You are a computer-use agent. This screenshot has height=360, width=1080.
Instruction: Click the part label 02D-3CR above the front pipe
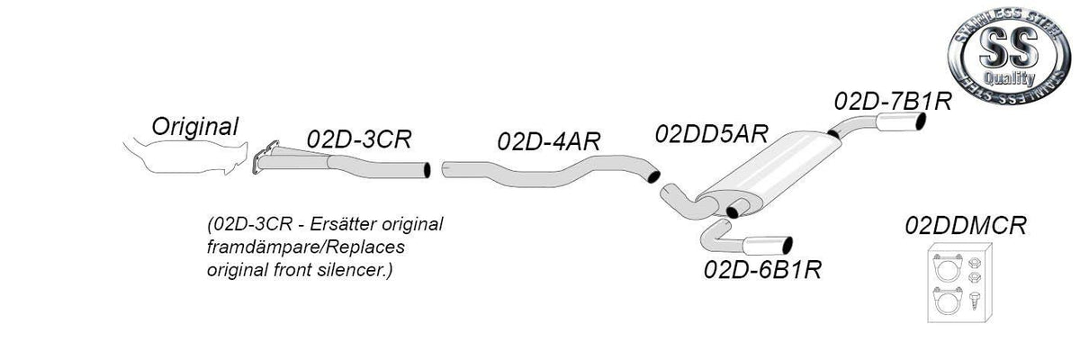tap(359, 139)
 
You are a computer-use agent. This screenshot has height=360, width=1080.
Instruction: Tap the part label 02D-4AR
tap(549, 141)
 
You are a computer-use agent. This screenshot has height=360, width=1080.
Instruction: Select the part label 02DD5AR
tap(711, 133)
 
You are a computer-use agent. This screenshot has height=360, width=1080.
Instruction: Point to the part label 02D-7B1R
tap(893, 101)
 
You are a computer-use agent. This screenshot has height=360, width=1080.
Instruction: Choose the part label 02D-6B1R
tap(762, 269)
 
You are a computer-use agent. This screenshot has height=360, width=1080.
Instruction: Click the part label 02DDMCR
tap(966, 226)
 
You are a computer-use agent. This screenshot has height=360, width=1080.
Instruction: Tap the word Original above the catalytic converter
tap(194, 126)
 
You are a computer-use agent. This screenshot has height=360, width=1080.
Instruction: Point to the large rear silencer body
tap(771, 171)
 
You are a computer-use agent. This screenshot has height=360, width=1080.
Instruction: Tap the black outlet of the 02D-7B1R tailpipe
tap(921, 121)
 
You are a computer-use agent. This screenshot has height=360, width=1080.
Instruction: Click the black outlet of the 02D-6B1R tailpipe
tap(787, 246)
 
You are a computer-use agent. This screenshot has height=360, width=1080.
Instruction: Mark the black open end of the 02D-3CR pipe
tap(427, 170)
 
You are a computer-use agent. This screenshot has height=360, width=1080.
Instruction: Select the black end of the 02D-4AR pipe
tap(653, 176)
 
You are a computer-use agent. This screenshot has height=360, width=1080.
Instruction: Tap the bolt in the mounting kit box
tap(974, 301)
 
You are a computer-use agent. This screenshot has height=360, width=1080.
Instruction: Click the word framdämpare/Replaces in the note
tap(306, 247)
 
